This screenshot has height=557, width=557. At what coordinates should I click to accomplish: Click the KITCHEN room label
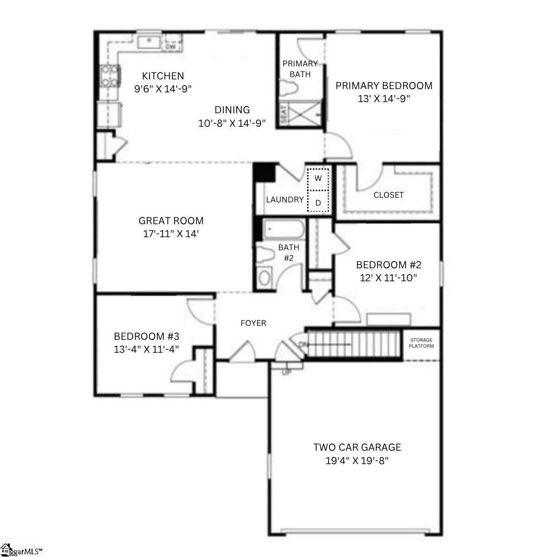163,76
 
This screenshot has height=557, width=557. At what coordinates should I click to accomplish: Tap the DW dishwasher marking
170,47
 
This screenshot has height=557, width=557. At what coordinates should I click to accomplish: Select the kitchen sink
149,42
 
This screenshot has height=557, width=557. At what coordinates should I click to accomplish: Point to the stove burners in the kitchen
110,76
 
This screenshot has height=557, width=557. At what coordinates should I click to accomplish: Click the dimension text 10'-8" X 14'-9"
232,123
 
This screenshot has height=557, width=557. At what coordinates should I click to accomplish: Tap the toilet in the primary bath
290,89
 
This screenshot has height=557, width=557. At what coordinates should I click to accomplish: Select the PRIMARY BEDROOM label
384,86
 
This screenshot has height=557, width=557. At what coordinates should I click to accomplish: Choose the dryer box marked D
318,202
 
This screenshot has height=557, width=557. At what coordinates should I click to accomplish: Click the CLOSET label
389,195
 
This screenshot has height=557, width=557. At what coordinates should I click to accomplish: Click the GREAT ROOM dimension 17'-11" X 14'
171,234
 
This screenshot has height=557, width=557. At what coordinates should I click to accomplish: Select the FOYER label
253,323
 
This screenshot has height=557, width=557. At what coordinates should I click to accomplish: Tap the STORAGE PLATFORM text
421,343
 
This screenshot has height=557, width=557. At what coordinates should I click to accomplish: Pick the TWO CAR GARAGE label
357,447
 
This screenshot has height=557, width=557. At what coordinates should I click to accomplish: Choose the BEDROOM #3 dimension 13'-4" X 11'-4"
146,350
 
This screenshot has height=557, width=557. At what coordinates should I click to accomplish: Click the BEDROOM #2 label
389,265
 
